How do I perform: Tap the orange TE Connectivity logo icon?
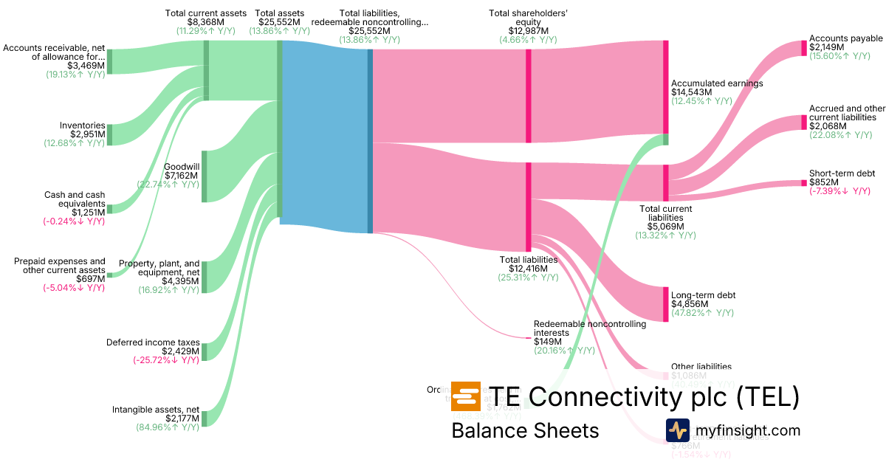tap(465, 397)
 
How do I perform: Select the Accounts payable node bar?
tap(805, 48)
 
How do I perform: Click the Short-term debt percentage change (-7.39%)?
tap(839, 192)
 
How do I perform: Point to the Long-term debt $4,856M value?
tap(690, 304)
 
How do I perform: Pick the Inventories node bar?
tap(110, 134)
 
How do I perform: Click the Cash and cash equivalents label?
tap(75, 199)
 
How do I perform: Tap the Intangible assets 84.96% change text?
tap(168, 427)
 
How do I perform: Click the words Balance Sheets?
tap(525, 430)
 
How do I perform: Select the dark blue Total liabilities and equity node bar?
tap(370, 140)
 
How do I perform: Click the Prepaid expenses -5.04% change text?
tap(74, 288)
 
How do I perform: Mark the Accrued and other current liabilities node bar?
tap(805, 122)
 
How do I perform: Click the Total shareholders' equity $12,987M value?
tap(523, 31)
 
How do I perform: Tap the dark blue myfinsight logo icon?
tap(677, 430)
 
